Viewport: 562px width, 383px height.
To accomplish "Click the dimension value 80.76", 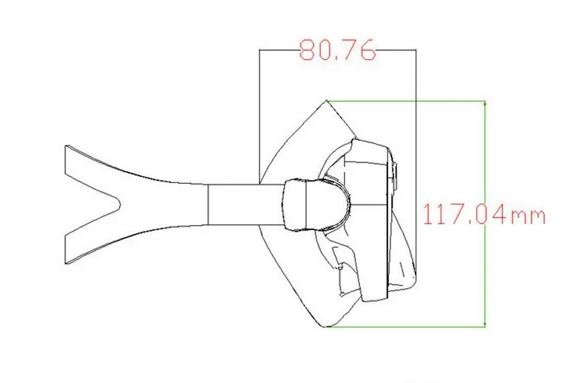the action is (x=337, y=49).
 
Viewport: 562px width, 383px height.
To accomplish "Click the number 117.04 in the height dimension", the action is (x=466, y=214).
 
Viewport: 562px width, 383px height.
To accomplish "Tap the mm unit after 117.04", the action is (x=527, y=217).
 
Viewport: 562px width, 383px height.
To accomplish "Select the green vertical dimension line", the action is (x=485, y=214).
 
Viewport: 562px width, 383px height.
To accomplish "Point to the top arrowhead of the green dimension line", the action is (x=485, y=104).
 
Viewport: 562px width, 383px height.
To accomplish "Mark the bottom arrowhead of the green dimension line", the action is (x=485, y=324).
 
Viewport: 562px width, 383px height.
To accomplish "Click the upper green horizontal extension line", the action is (x=406, y=101).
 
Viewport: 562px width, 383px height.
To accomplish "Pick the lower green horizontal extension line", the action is (x=406, y=326).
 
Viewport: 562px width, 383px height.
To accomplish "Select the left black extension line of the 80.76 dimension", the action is (x=259, y=117).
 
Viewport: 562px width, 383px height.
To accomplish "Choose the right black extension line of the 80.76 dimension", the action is (x=416, y=165).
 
